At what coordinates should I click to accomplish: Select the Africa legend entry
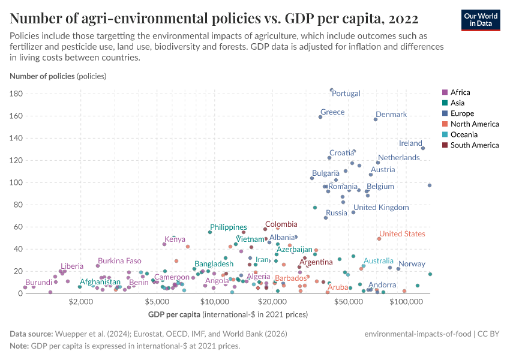[460, 92]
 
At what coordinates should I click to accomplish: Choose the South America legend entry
[474, 145]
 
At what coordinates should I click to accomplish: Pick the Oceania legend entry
[464, 134]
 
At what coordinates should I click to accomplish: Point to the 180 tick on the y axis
[16, 94]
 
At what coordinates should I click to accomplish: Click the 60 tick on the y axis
[18, 227]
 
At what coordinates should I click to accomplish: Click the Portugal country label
[346, 94]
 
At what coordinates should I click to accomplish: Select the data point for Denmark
[376, 119]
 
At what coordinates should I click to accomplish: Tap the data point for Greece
[320, 117]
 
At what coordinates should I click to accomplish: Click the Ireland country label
[410, 143]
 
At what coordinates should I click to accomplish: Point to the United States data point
[379, 239]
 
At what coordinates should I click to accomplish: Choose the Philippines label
[228, 227]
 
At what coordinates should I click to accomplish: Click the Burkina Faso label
[119, 261]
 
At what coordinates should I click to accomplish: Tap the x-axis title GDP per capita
[174, 314]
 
